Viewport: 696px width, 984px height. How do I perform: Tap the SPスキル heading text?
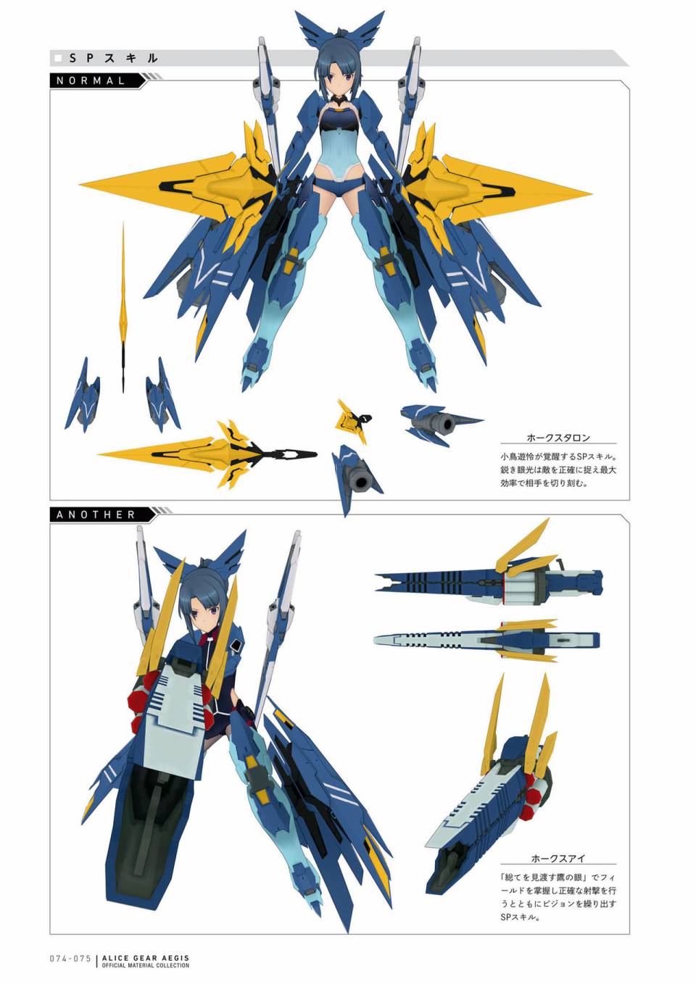point(113,58)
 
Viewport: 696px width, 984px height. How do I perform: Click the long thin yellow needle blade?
point(123,307)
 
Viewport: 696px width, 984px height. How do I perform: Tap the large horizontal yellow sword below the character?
point(207,454)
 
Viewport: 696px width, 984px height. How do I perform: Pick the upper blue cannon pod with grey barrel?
point(439,422)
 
